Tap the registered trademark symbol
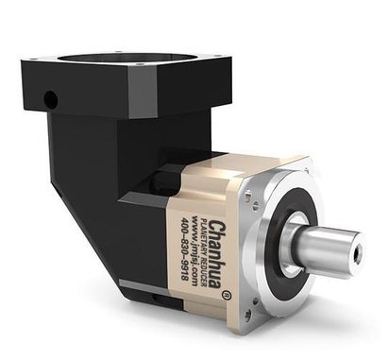[x=225, y=295]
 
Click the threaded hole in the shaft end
[x=357, y=254]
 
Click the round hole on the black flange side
[x=50, y=98]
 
